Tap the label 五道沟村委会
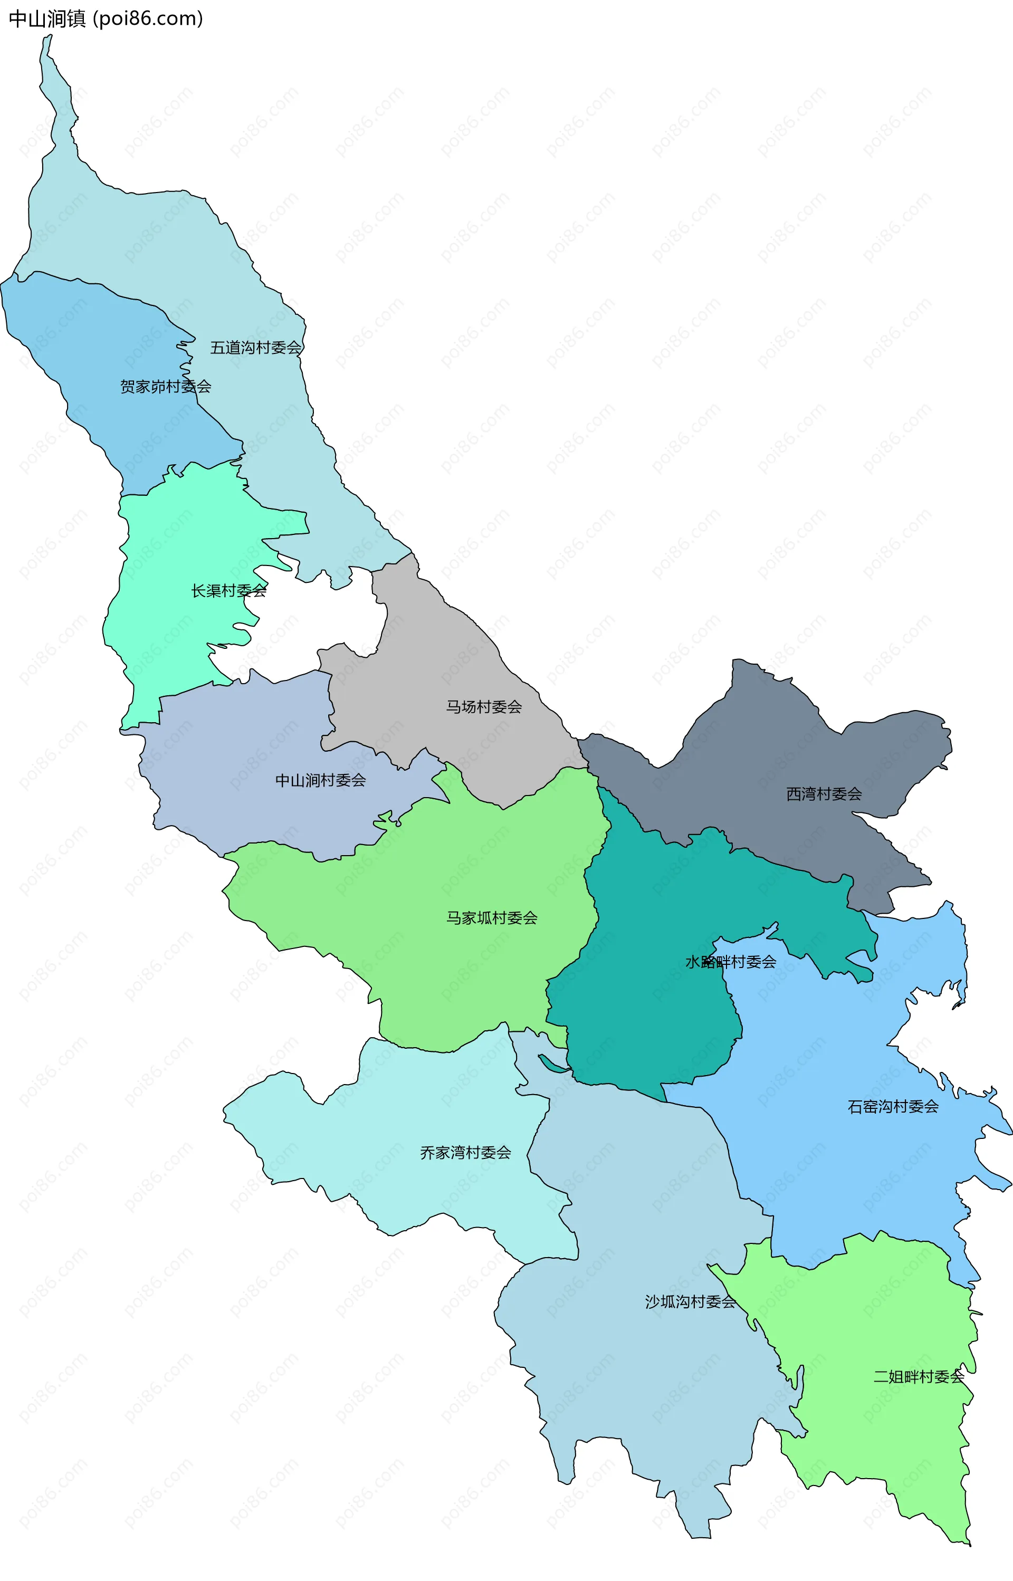(255, 347)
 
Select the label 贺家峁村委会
(165, 387)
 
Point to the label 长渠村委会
(229, 591)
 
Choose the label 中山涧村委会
(320, 781)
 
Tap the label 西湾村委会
(824, 794)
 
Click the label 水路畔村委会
(730, 962)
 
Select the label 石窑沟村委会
(893, 1107)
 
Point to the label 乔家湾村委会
(465, 1153)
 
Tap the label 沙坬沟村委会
(690, 1302)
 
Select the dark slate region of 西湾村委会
(757, 736)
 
